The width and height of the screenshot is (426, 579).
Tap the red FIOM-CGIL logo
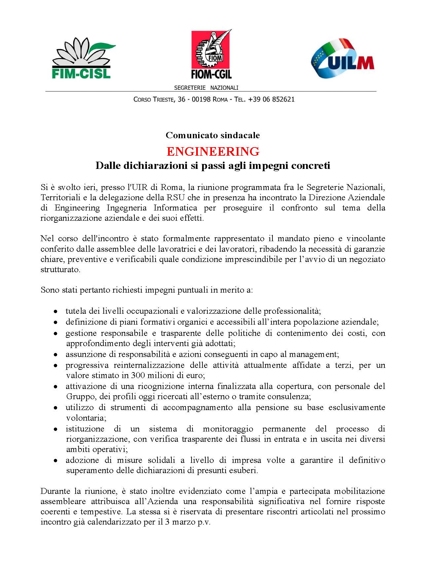click(211, 54)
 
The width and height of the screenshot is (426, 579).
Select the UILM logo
click(342, 58)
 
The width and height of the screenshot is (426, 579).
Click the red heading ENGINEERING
click(213, 151)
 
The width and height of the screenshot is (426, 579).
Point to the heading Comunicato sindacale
click(213, 135)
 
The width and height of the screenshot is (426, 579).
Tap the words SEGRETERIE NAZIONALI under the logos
click(206, 88)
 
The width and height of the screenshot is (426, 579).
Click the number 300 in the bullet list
click(138, 375)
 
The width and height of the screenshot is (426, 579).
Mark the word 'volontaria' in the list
click(85, 418)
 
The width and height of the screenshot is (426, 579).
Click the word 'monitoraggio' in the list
click(228, 429)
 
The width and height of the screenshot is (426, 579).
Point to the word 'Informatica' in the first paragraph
click(175, 208)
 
